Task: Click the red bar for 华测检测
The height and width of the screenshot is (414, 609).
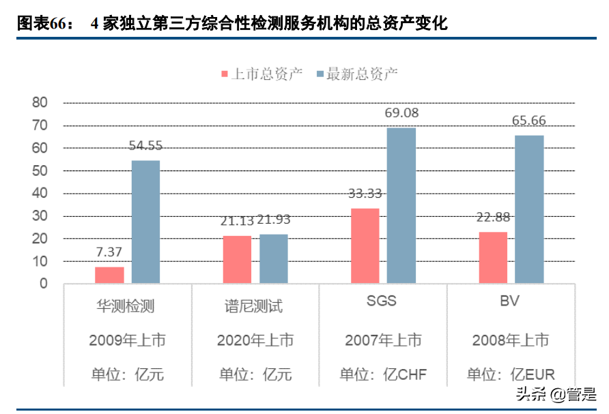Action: (109, 275)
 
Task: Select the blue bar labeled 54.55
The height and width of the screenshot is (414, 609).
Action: (145, 222)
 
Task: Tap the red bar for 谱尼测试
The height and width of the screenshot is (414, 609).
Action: (237, 259)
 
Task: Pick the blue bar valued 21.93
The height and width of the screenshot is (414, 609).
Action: (273, 258)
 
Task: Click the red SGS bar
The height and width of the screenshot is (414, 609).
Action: (365, 246)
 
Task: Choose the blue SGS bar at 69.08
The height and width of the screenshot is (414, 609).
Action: (401, 205)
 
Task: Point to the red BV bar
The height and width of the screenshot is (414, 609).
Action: (493, 257)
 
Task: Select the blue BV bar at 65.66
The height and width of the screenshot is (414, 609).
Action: (529, 209)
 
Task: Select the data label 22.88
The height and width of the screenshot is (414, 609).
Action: (492, 218)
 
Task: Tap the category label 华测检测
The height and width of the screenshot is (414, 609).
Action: (127, 306)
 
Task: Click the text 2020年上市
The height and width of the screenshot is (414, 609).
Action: (255, 340)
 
